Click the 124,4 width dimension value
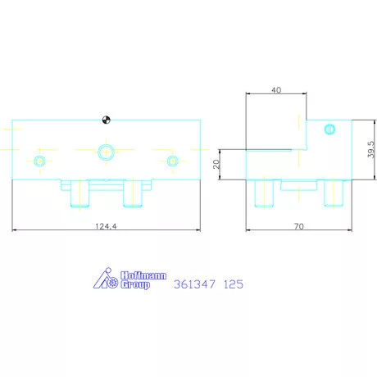click(x=106, y=226)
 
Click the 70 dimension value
click(x=299, y=226)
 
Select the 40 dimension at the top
click(x=276, y=90)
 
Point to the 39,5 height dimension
click(x=371, y=149)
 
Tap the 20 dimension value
click(x=216, y=164)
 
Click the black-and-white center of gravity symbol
click(x=106, y=120)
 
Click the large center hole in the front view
click(x=106, y=152)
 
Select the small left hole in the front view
click(x=40, y=161)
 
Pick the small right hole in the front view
click(x=172, y=161)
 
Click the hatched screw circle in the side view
click(x=329, y=129)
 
